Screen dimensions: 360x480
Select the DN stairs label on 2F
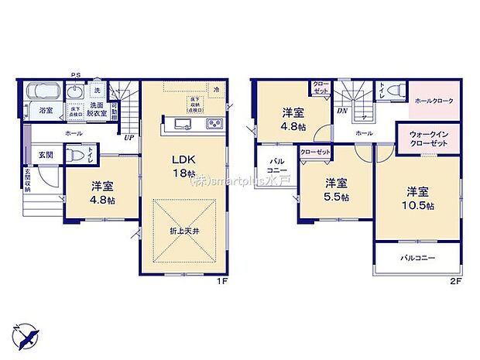(341, 111)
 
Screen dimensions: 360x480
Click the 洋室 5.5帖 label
(334, 188)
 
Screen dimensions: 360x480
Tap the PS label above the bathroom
(76, 74)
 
